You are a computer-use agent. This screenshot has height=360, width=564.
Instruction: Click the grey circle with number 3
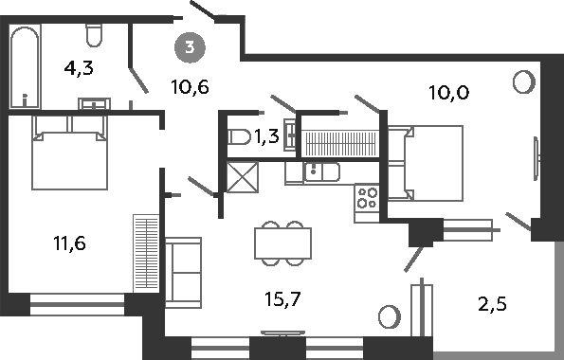click(x=190, y=47)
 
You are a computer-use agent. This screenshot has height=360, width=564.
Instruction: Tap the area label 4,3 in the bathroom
click(x=79, y=68)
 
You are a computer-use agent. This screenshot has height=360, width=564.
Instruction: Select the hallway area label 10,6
click(x=190, y=86)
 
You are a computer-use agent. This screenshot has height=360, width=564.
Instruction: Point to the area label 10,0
click(x=449, y=93)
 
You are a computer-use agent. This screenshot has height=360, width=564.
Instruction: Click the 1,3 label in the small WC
click(x=266, y=136)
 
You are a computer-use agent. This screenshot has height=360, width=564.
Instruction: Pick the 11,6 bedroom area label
click(x=69, y=243)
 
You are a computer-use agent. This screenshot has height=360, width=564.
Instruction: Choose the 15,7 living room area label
click(x=282, y=298)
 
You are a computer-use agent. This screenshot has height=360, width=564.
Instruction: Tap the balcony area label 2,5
click(x=492, y=304)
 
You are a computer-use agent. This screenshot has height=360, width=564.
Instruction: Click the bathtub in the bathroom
click(x=25, y=66)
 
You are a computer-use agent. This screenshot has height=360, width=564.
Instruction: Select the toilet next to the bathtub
click(x=94, y=34)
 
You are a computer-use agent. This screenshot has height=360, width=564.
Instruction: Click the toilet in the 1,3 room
click(x=239, y=137)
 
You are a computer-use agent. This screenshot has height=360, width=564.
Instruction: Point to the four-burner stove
click(x=367, y=198)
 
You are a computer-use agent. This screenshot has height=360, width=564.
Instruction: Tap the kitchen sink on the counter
click(x=321, y=171)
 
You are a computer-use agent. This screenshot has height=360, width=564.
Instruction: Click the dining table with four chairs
click(x=283, y=243)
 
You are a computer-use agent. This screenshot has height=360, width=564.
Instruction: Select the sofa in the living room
click(x=183, y=273)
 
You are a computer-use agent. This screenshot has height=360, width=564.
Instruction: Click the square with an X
click(x=243, y=177)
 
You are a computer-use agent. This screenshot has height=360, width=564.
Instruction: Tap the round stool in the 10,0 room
click(x=523, y=82)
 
